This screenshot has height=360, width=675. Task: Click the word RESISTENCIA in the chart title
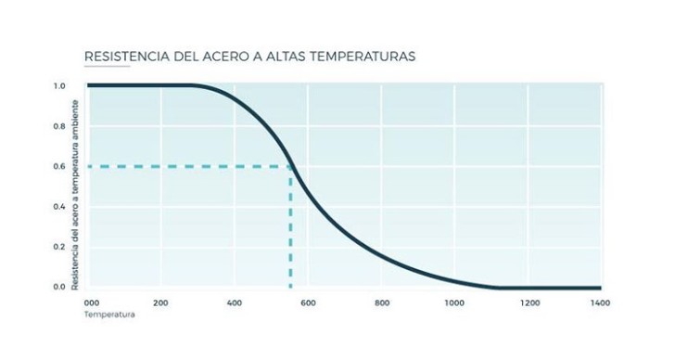pyautogui.click(x=127, y=57)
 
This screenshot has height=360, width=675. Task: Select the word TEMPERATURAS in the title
pyautogui.click(x=363, y=57)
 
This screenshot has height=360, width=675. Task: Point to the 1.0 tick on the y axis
pyautogui.click(x=59, y=86)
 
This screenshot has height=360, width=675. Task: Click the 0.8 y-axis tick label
pyautogui.click(x=59, y=126)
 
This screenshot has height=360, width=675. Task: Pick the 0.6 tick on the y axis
pyautogui.click(x=59, y=166)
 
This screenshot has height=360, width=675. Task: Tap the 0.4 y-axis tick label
pyautogui.click(x=59, y=207)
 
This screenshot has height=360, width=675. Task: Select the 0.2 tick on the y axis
pyautogui.click(x=59, y=247)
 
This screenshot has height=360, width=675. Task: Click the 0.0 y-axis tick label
pyautogui.click(x=59, y=287)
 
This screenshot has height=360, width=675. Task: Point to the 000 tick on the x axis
pyautogui.click(x=92, y=303)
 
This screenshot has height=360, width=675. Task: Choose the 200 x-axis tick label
pyautogui.click(x=160, y=303)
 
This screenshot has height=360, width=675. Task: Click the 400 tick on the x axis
pyautogui.click(x=235, y=303)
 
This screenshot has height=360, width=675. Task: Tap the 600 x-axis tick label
pyautogui.click(x=308, y=303)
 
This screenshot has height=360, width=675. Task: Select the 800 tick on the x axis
pyautogui.click(x=382, y=303)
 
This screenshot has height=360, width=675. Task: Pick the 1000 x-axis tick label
pyautogui.click(x=454, y=303)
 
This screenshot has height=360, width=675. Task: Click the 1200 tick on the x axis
pyautogui.click(x=529, y=303)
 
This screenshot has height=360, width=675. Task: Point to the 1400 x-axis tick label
pyautogui.click(x=601, y=303)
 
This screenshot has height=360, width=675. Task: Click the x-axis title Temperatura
pyautogui.click(x=109, y=315)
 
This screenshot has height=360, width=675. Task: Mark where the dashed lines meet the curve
pyautogui.click(x=291, y=166)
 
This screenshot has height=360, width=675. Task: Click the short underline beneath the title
pyautogui.click(x=108, y=66)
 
